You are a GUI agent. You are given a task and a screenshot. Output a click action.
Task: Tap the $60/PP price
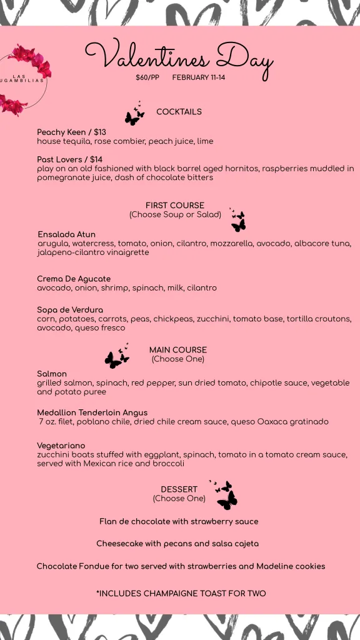(147, 78)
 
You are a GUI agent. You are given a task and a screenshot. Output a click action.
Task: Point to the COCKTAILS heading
(179, 112)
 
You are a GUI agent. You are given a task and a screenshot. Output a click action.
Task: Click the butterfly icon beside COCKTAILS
(134, 114)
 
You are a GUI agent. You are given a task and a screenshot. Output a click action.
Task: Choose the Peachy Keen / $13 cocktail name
(71, 132)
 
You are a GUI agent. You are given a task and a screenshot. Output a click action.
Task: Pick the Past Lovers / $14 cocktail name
(69, 160)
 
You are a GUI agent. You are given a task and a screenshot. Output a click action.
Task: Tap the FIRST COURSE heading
(175, 206)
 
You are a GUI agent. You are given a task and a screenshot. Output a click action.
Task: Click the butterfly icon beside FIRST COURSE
(237, 221)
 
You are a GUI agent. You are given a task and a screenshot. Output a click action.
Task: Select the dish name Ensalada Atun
(66, 234)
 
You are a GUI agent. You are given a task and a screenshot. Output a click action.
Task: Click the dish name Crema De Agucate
(74, 279)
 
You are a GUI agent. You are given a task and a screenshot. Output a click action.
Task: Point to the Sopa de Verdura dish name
(70, 310)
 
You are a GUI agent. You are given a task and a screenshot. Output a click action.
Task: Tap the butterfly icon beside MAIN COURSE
(117, 357)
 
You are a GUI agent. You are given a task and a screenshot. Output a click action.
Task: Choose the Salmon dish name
(52, 374)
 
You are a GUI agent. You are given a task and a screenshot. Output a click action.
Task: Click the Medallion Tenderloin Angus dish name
(92, 412)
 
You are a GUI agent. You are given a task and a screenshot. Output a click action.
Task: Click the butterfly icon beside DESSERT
(225, 495)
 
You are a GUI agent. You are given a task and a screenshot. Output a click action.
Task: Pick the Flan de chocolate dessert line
(179, 521)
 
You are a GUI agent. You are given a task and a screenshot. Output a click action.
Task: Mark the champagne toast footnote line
(181, 593)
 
